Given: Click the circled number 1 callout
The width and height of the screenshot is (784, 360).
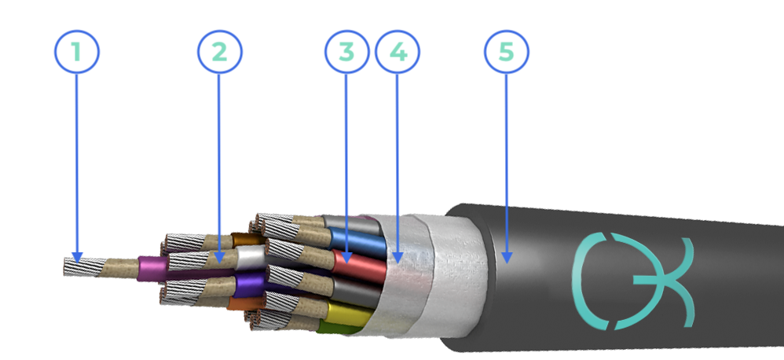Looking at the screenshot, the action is click(77, 52).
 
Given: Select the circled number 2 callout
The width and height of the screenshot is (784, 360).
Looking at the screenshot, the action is click(219, 52).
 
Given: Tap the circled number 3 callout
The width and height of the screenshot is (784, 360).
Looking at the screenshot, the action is click(347, 52).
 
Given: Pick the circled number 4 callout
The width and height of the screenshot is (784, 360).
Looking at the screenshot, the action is click(397, 52).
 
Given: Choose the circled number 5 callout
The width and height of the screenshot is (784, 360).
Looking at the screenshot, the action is click(507, 52).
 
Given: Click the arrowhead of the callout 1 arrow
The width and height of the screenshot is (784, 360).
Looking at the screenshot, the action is click(76, 257).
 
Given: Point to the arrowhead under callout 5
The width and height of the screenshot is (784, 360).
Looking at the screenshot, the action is click(507, 258).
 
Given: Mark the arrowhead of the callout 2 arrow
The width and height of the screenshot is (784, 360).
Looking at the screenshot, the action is click(219, 257).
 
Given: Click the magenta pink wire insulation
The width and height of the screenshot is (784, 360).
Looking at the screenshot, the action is click(152, 269).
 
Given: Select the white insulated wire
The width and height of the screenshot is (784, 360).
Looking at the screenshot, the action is click(250, 257).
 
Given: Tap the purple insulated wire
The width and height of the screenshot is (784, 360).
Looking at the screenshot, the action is click(249, 285).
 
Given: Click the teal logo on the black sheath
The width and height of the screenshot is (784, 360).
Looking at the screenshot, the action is click(633, 281).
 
